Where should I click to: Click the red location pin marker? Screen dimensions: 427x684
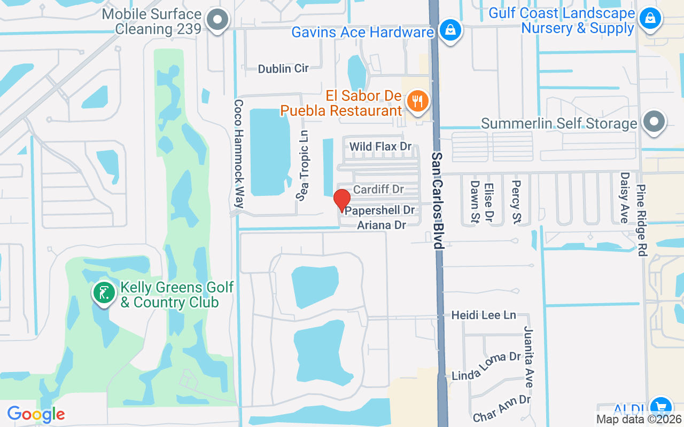pos(341,200)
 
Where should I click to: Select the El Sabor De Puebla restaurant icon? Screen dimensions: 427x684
pos(417,101)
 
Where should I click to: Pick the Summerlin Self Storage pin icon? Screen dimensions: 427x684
pos(654,121)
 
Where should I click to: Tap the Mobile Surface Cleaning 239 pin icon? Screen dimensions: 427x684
pos(217,20)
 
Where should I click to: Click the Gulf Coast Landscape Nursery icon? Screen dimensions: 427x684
pos(650,18)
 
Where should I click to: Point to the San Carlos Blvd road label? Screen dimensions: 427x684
pos(438,201)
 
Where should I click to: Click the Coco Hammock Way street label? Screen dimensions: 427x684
pos(239,154)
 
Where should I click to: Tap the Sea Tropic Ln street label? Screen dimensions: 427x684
pos(304,165)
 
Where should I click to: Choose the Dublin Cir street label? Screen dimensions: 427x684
pos(283,68)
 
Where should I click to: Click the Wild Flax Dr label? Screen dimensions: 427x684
pos(380,146)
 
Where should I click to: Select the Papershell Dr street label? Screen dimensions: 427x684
pos(380,211)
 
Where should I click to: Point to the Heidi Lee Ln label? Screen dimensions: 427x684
pos(484,315)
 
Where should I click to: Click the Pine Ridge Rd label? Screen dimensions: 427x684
pos(642,220)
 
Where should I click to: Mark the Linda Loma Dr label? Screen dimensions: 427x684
pos(486,367)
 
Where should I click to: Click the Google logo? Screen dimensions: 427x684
pos(36,414)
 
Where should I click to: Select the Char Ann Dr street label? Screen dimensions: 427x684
pos(501,408)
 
